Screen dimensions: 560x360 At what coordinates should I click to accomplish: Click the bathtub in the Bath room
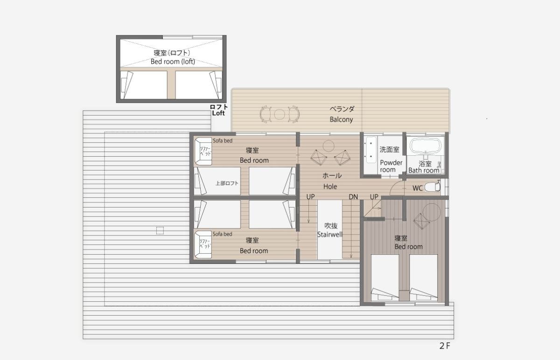click(426, 145)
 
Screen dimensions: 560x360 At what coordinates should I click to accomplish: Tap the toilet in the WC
click(433, 187)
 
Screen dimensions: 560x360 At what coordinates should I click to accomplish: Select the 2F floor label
click(444, 346)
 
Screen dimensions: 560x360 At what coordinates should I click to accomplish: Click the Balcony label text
click(341, 119)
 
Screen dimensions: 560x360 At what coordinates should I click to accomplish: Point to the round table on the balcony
click(279, 114)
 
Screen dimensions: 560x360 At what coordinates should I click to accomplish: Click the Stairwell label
click(329, 235)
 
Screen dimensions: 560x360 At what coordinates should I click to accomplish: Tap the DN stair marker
click(353, 197)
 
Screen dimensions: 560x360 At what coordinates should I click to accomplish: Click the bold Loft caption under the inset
click(218, 113)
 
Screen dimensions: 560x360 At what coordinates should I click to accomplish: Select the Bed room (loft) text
click(173, 62)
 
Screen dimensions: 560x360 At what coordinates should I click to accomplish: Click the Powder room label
click(391, 166)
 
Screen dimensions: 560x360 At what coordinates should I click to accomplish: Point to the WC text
click(418, 188)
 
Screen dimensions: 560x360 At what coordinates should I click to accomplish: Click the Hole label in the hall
click(330, 187)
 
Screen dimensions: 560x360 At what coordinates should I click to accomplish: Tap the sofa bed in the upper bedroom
click(203, 151)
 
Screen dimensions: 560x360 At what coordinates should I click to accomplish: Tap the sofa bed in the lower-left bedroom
click(203, 244)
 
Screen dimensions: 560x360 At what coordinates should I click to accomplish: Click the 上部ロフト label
click(227, 183)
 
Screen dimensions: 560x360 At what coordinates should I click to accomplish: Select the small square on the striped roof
click(160, 230)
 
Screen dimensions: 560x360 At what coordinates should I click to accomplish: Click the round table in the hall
click(328, 146)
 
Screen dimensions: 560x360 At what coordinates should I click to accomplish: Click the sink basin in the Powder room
click(370, 149)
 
